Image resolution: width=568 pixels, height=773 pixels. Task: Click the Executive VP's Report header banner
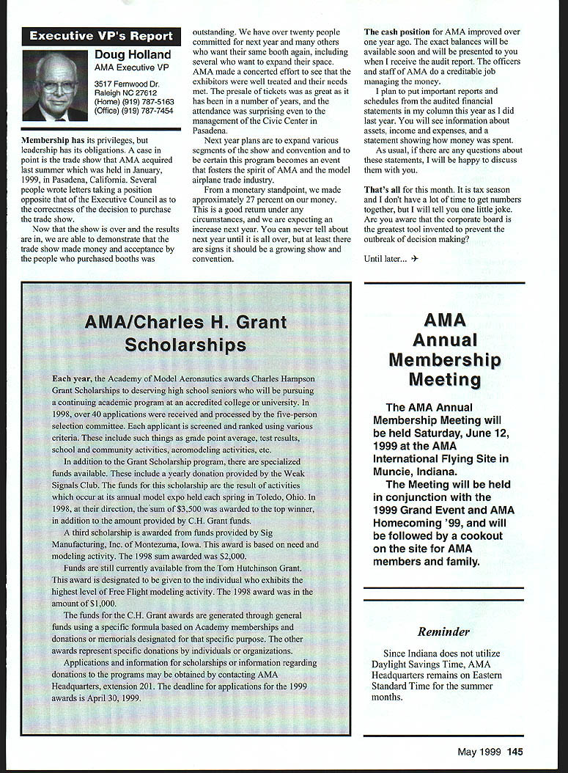101,36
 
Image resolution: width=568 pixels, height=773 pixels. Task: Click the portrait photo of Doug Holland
55,86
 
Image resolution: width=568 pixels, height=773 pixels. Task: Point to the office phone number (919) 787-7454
150,111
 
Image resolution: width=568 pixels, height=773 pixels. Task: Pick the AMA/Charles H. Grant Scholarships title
185,333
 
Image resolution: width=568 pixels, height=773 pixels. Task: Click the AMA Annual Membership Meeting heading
445,350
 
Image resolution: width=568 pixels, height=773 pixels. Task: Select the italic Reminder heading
443,631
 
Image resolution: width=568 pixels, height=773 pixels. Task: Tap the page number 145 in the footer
514,751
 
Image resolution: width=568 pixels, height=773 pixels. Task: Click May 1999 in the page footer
479,751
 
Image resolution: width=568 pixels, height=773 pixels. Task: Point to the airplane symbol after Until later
416,259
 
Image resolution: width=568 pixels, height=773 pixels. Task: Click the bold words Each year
71,378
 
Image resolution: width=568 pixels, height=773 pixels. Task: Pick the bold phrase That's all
382,190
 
